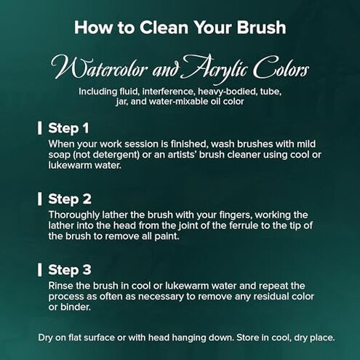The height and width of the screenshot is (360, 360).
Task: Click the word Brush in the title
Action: (x=262, y=27)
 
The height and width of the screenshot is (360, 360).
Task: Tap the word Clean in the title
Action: (x=164, y=27)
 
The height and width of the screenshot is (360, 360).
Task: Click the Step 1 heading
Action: (x=68, y=128)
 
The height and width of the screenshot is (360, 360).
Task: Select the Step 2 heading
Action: (x=70, y=199)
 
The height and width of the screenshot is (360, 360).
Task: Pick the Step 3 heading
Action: (x=70, y=270)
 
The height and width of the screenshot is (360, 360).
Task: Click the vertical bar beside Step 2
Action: (x=40, y=199)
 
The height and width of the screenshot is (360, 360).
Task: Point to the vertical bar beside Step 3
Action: (x=40, y=270)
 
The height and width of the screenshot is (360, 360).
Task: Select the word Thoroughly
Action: (x=74, y=215)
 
